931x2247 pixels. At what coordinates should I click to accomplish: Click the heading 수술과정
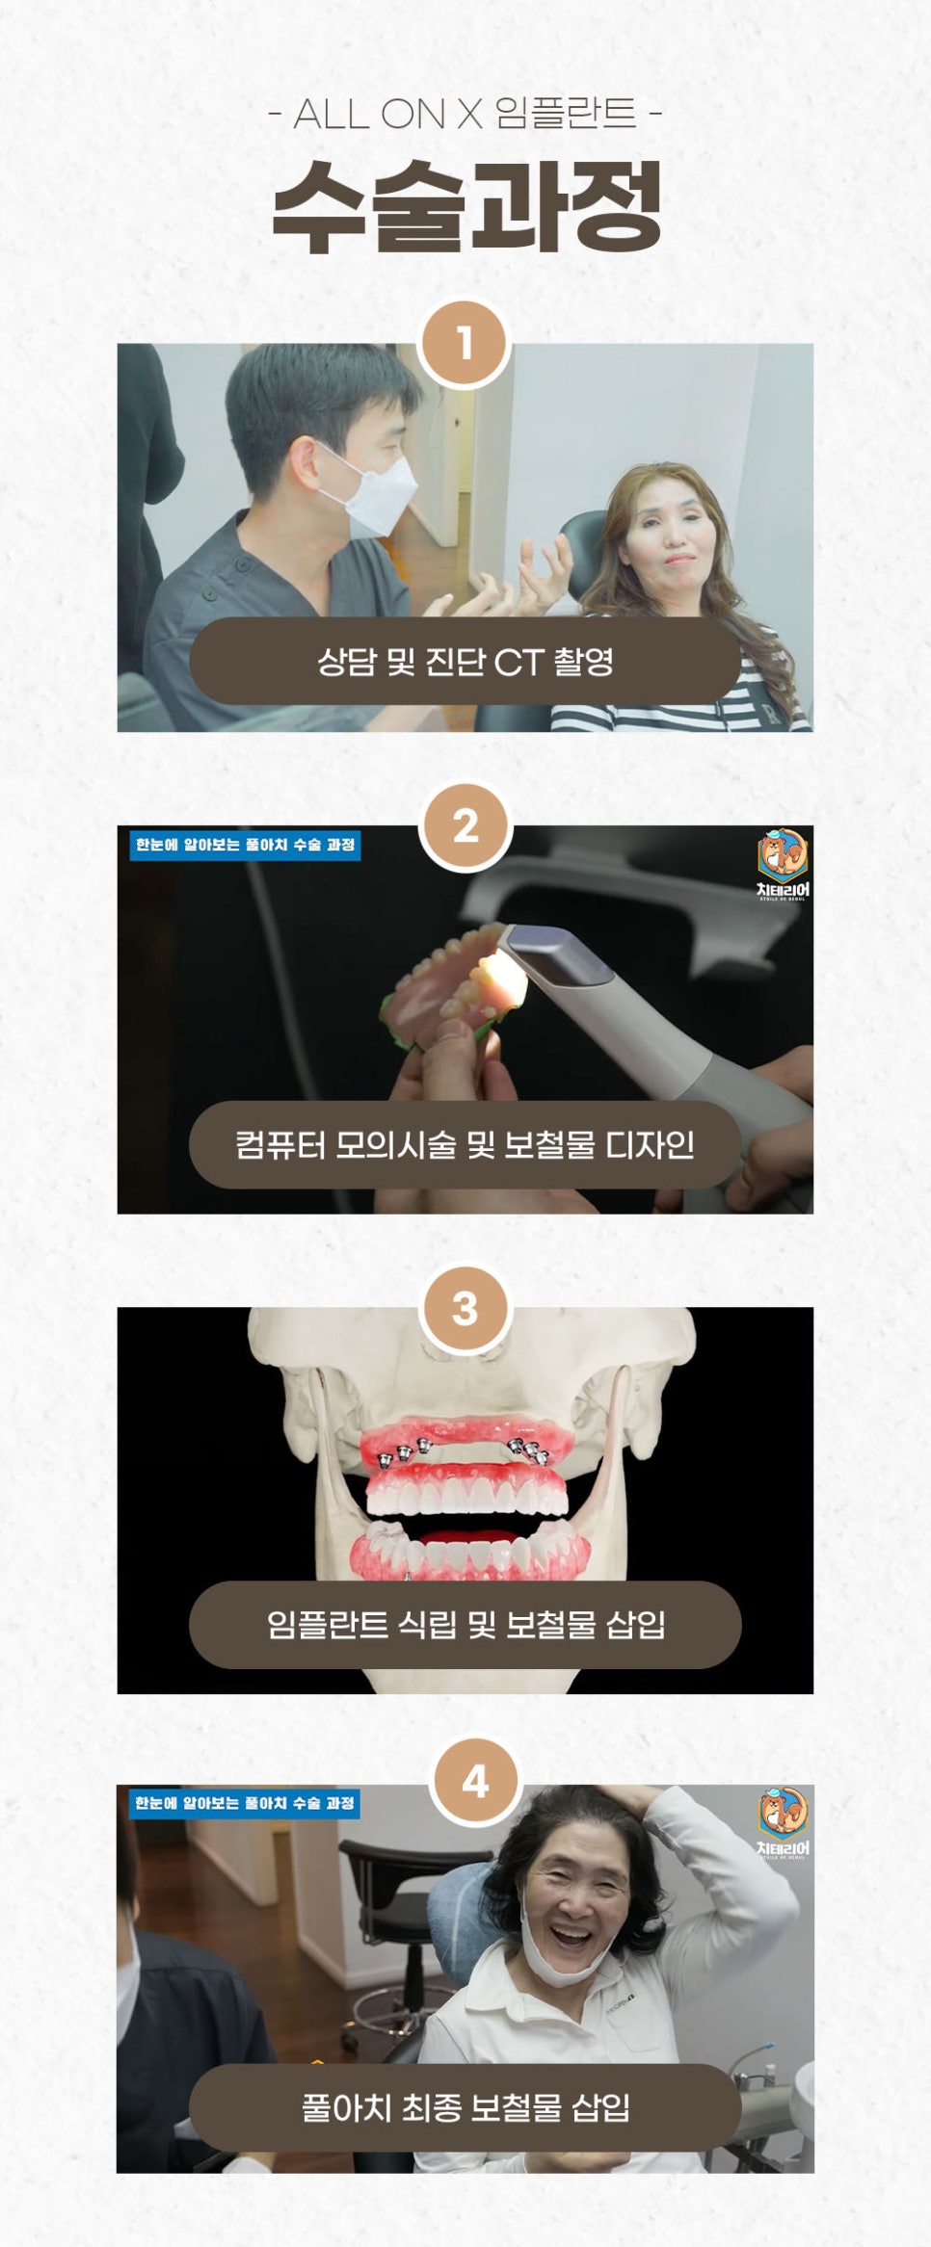coord(465,205)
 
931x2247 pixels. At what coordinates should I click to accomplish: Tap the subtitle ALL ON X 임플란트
coord(465,115)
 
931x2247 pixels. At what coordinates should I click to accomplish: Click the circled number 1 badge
coord(465,344)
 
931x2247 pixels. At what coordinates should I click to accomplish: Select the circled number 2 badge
coord(465,826)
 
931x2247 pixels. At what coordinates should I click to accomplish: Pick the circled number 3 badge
coord(465,1308)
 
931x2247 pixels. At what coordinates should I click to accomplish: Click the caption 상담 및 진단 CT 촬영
coord(465,661)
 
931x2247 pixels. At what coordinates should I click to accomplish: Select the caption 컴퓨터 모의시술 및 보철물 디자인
coord(465,1144)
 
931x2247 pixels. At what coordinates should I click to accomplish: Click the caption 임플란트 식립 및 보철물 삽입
coord(465,1625)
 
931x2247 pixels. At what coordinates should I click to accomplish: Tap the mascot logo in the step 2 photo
coord(783,862)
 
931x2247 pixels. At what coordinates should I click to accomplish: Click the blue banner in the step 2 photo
coord(246,845)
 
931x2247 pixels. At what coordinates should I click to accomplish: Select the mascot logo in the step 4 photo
coord(783,1819)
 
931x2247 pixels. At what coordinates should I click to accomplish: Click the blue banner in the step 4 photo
coord(246,1803)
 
